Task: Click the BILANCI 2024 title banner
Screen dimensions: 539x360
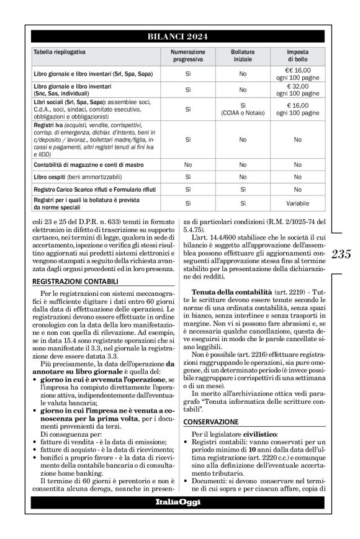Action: click(x=179, y=37)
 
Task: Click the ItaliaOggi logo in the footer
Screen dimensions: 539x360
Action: click(x=179, y=501)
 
